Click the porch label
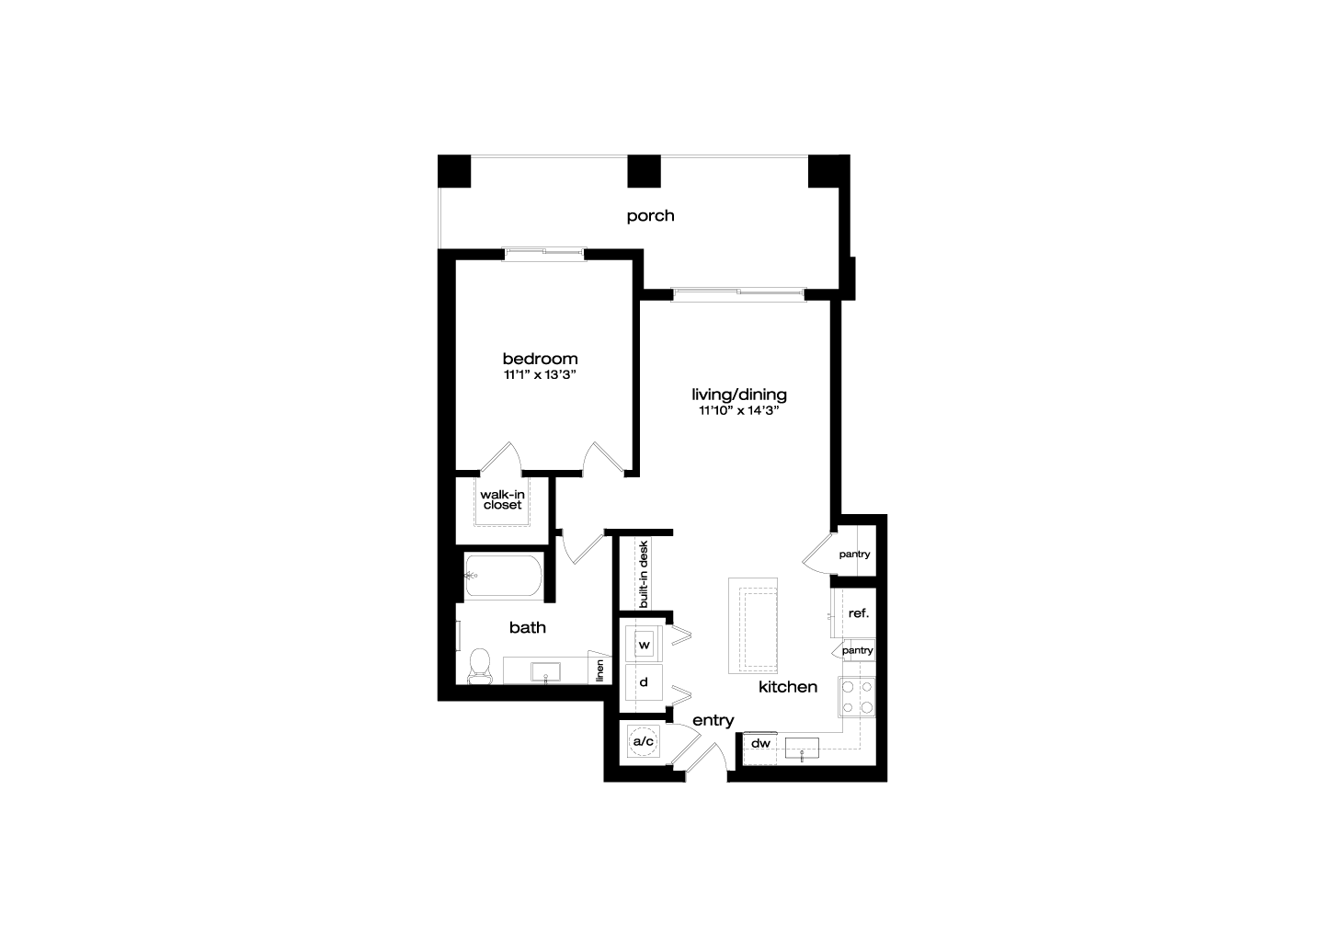[x=650, y=216]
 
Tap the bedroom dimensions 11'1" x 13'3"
[x=540, y=375]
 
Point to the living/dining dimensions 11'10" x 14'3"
[x=739, y=411]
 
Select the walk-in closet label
[x=502, y=499]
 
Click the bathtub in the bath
[x=504, y=576]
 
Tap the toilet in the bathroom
[x=479, y=667]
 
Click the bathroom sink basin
[x=545, y=672]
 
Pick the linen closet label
[x=599, y=671]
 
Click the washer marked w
[x=645, y=645]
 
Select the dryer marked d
[x=645, y=682]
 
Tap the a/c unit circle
[x=643, y=741]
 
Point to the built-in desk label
[x=644, y=575]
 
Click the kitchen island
[x=752, y=625]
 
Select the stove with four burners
[x=857, y=697]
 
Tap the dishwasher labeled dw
[x=760, y=749]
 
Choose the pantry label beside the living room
[x=854, y=555]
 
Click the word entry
[x=713, y=721]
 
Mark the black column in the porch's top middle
[x=644, y=171]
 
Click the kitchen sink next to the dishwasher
[x=802, y=748]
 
